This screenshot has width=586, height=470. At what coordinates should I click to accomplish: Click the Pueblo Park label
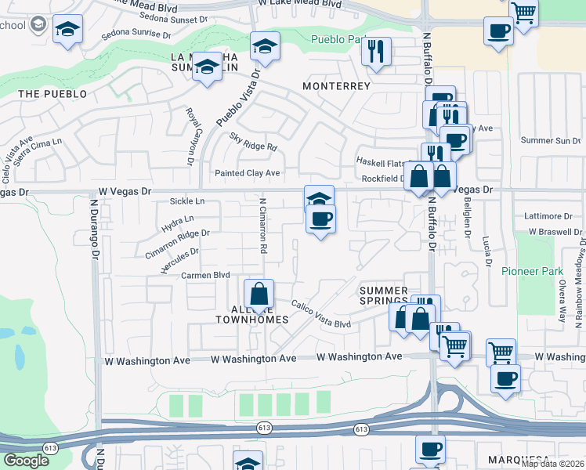click(338, 39)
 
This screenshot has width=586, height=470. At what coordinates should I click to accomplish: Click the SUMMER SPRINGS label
click(384, 295)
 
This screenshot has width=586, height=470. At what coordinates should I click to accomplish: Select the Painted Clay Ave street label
click(247, 172)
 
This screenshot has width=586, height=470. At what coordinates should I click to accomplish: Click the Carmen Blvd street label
click(205, 276)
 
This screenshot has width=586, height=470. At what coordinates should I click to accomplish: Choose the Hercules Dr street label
click(179, 261)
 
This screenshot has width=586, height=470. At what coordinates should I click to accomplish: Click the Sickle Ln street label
click(186, 201)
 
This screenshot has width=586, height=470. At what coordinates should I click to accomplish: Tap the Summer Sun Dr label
click(551, 140)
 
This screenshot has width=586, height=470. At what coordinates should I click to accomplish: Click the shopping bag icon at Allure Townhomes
click(259, 295)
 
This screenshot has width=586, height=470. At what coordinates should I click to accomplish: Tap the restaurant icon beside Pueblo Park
click(377, 52)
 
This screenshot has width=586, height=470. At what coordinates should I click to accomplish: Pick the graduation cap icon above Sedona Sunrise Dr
click(67, 31)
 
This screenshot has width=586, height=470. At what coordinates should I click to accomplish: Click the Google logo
click(26, 461)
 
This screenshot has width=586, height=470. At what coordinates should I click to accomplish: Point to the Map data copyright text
click(552, 464)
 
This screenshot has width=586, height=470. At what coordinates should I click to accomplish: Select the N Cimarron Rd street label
click(263, 225)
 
